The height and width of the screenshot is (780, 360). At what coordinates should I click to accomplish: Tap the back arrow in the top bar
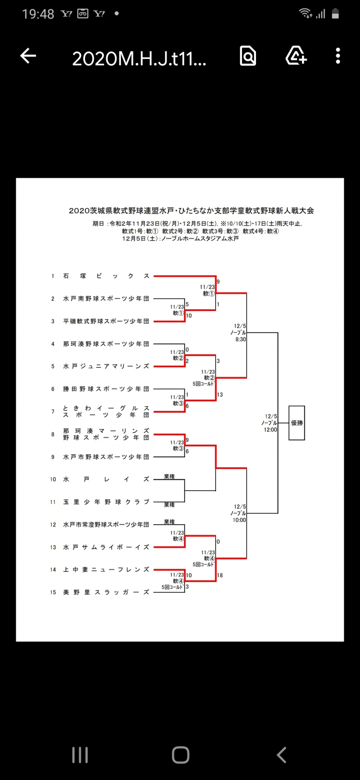tap(28, 56)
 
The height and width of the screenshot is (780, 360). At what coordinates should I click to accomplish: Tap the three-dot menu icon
tap(338, 56)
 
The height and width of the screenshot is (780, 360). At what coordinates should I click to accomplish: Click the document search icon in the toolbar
tap(248, 56)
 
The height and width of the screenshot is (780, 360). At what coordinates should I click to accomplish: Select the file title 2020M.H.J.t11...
tap(139, 58)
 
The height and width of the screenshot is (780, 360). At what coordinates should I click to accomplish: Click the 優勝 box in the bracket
tap(297, 423)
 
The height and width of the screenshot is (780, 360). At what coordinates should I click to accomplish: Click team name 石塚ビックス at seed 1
tap(106, 276)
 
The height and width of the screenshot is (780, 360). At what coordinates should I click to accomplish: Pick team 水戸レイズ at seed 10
tap(106, 479)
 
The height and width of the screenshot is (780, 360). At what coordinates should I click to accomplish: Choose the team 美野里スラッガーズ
tap(106, 592)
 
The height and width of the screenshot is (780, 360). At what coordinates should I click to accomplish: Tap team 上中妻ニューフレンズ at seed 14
tap(106, 570)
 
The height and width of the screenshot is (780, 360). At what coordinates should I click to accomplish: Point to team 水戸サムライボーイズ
tap(106, 547)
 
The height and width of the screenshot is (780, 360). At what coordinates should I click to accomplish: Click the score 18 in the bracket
tap(220, 575)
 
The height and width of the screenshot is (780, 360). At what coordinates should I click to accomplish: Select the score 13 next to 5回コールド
tap(220, 395)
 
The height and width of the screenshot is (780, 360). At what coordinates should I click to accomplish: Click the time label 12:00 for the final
tap(270, 430)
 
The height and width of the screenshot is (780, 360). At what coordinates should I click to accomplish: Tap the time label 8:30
tap(241, 339)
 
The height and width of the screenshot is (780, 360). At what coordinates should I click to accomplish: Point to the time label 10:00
tap(239, 520)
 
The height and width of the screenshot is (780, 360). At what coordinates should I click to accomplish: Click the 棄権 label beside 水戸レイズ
tap(169, 476)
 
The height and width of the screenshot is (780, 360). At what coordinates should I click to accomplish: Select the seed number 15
tap(53, 592)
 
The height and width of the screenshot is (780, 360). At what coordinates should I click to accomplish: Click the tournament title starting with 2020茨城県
tap(191, 211)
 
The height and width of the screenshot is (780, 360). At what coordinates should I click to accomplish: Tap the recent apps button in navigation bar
tap(80, 755)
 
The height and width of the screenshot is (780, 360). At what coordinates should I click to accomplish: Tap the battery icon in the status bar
tap(335, 14)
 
